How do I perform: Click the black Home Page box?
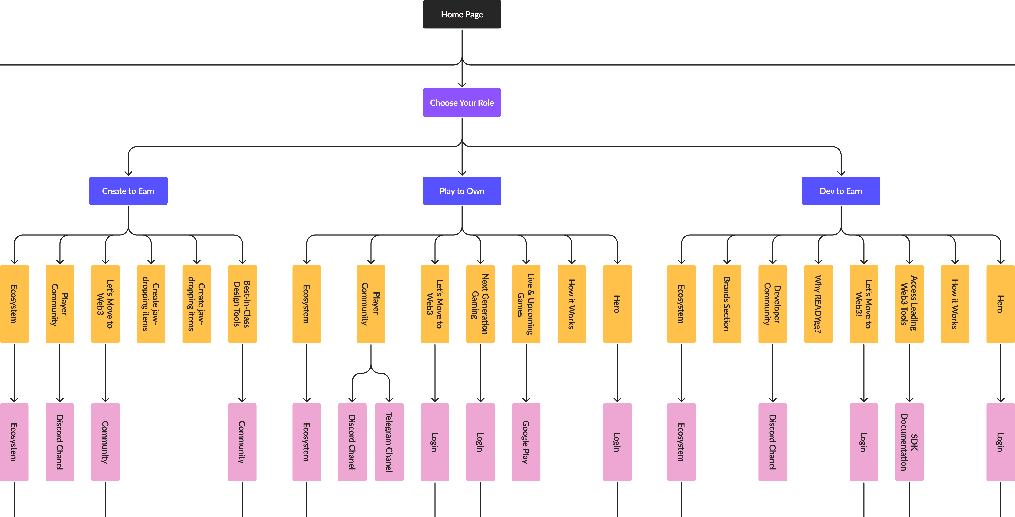[x=462, y=14]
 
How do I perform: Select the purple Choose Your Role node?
[x=462, y=102]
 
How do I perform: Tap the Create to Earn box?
[x=128, y=191]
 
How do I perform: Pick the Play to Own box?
[x=462, y=191]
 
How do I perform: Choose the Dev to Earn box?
[x=841, y=191]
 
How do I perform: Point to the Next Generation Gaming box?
[x=480, y=304]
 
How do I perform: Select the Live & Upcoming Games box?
[x=526, y=304]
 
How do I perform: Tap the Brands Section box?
[x=727, y=304]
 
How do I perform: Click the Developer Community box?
[x=773, y=304]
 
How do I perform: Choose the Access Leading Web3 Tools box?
[x=909, y=304]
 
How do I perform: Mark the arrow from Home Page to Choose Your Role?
[x=462, y=58]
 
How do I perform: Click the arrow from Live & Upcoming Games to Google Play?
[x=526, y=373]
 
